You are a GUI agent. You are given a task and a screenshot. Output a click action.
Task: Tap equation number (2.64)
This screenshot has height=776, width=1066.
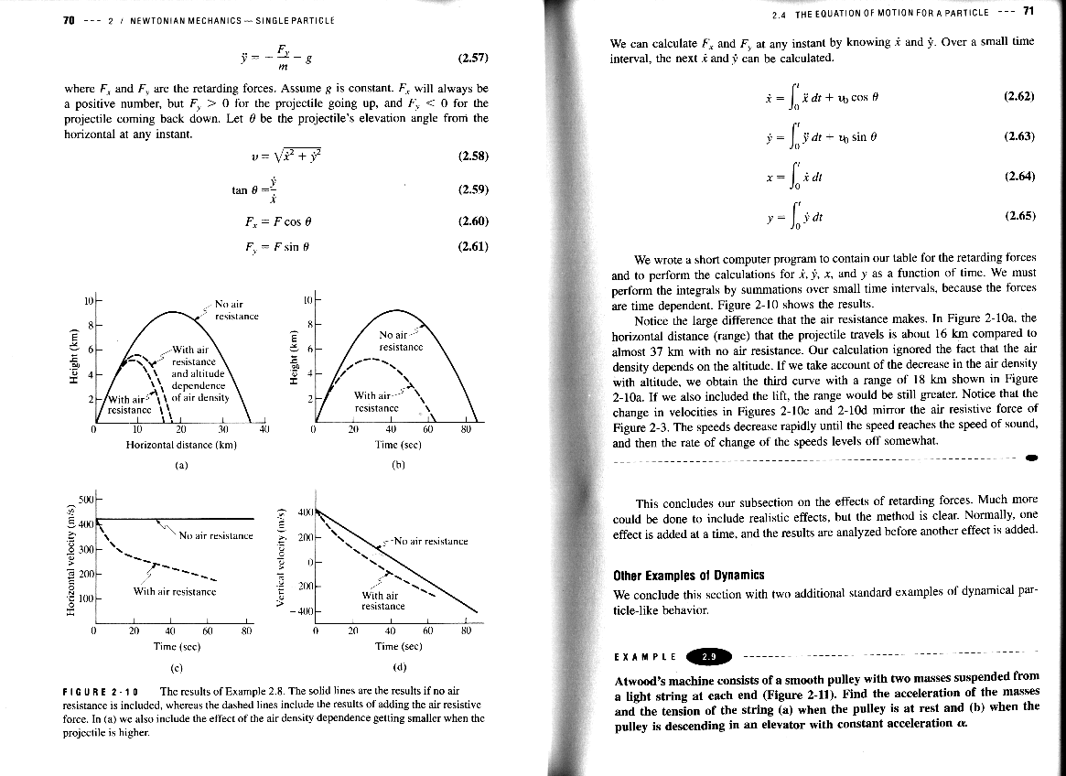(x=1018, y=176)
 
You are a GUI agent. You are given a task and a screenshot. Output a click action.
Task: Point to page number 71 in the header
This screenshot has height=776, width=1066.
(x=1028, y=12)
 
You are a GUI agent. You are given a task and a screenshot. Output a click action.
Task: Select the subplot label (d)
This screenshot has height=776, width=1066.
(x=399, y=665)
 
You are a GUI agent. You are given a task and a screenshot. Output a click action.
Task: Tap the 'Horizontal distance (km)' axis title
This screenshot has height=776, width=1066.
(x=181, y=445)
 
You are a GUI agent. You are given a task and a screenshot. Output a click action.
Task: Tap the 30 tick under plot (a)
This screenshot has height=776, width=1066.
(x=224, y=431)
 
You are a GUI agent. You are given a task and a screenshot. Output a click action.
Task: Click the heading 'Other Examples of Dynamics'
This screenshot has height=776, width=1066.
(x=688, y=575)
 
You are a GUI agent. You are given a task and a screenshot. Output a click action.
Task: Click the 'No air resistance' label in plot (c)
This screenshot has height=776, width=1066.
(x=216, y=535)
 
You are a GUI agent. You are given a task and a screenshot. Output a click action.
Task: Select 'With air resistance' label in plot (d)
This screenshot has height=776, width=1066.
(x=382, y=600)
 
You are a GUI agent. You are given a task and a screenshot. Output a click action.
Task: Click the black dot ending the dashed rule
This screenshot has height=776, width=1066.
(x=1031, y=457)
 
